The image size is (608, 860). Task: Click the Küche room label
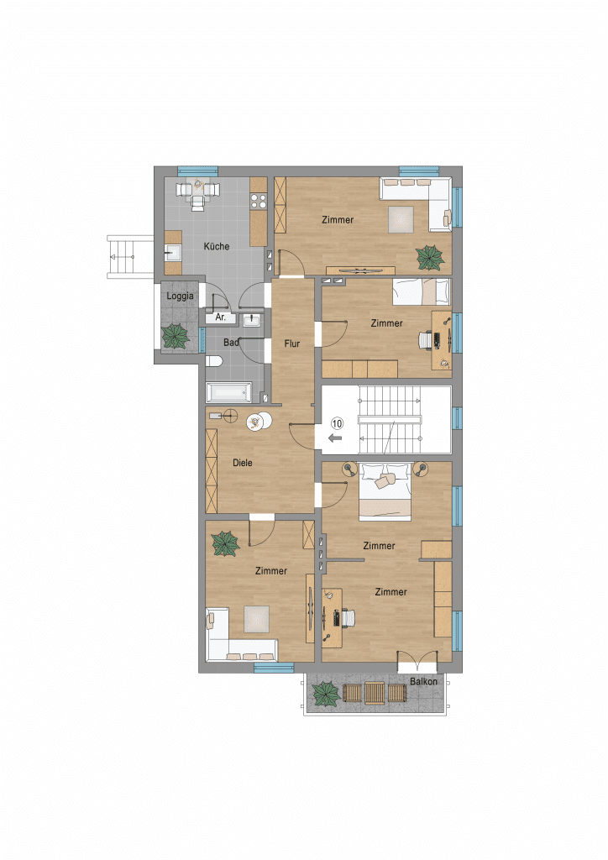point(217,246)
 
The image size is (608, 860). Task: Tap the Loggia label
point(180,296)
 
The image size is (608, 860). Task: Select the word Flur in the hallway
point(291,343)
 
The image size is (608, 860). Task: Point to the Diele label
point(243,463)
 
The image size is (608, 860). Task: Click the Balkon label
point(424,681)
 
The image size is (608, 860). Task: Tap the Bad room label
point(231,343)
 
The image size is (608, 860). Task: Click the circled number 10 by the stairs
point(337,423)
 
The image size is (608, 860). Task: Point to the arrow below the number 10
point(336,438)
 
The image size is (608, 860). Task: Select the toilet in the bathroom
point(214,360)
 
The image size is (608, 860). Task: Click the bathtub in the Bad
point(229,392)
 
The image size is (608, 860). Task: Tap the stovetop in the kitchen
point(258,202)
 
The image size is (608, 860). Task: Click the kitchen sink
point(174,254)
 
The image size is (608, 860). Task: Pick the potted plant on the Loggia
point(176,336)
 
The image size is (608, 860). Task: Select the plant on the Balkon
point(326,694)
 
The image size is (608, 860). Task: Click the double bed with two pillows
point(385,491)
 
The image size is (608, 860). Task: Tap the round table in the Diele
point(259,422)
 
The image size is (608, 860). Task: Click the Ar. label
point(220,317)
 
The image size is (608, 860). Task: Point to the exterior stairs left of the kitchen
point(130,257)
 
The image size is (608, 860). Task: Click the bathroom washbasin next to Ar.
point(252,320)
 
